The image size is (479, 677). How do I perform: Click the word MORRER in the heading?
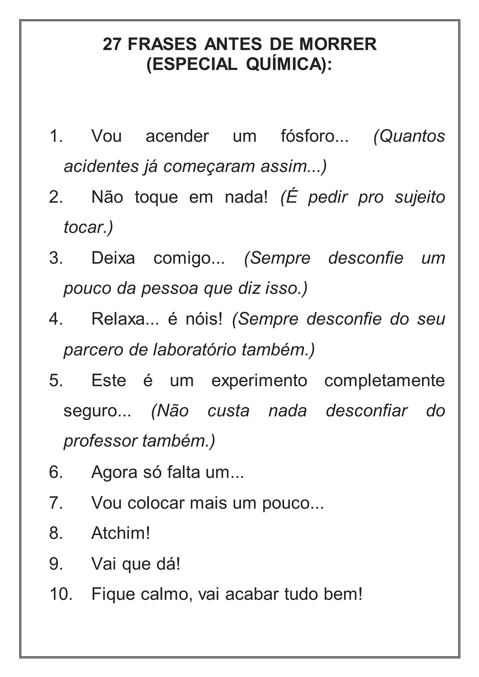(x=338, y=44)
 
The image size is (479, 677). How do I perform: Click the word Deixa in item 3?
(x=113, y=258)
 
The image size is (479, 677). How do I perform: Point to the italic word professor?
(x=100, y=441)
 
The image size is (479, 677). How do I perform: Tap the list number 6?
(x=56, y=472)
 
